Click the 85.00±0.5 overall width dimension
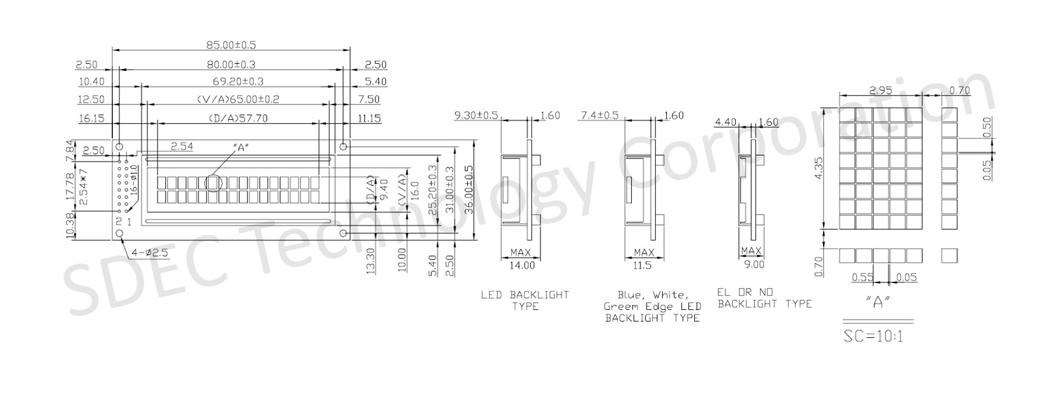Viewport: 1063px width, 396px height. tap(231, 45)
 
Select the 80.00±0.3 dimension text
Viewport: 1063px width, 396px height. tap(231, 64)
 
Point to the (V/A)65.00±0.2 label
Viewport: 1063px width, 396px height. tap(238, 99)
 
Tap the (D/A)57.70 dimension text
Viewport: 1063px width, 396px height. tap(238, 118)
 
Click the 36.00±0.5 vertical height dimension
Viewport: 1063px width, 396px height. tap(468, 189)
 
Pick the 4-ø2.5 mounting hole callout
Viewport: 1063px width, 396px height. tap(149, 253)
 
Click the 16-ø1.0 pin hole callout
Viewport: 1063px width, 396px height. tap(134, 180)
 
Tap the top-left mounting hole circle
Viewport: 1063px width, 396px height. tap(119, 146)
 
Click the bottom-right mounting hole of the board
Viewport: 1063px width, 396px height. tap(343, 233)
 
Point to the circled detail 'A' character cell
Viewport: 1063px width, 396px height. tap(213, 183)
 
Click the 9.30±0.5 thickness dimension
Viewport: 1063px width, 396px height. tap(476, 115)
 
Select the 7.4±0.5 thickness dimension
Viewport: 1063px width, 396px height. tap(600, 115)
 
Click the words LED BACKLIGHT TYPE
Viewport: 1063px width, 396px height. tap(525, 301)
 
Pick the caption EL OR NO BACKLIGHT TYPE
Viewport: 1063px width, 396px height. tap(764, 298)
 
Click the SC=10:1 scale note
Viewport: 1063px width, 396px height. tap(873, 336)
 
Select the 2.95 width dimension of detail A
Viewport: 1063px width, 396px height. tap(881, 90)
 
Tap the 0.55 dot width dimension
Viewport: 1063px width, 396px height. tap(862, 277)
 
